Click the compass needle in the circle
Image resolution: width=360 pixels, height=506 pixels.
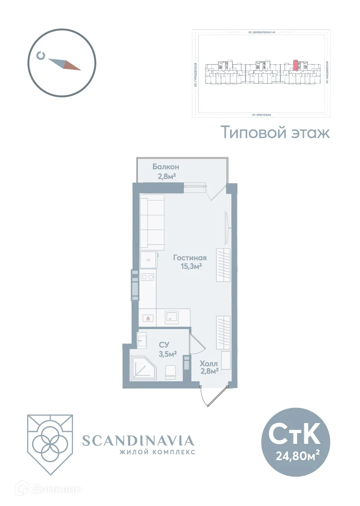click(65, 64)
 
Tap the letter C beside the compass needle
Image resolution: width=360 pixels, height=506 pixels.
click(41, 55)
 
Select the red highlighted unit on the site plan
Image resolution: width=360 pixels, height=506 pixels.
click(295, 65)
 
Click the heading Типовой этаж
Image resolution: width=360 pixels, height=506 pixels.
click(276, 132)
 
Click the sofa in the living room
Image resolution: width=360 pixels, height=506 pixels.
click(152, 222)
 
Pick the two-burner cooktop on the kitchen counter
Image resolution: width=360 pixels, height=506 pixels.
click(147, 276)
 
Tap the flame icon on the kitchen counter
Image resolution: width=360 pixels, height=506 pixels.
click(148, 318)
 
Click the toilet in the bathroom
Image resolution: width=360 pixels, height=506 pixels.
click(171, 372)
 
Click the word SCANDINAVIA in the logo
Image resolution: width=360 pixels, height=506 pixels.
click(138, 441)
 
